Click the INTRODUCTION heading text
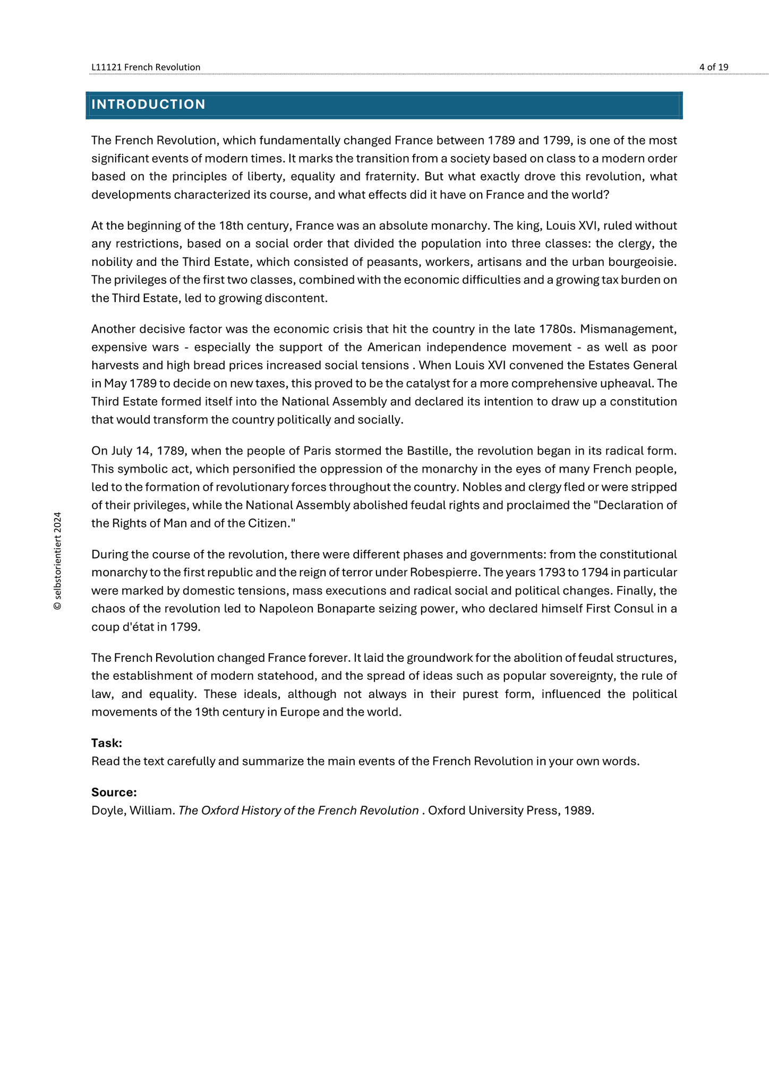click(x=148, y=105)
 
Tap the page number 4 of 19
click(x=714, y=67)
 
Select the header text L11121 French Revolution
click(x=146, y=67)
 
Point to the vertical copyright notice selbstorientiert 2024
click(x=58, y=560)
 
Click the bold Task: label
click(x=107, y=743)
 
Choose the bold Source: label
click(x=114, y=792)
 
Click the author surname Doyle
click(x=106, y=810)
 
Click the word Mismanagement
click(x=628, y=329)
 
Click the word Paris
click(x=317, y=451)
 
